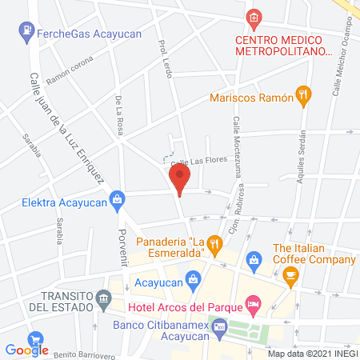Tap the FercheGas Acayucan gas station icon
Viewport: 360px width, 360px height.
[26, 31]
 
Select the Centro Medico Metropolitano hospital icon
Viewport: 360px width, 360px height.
[254, 17]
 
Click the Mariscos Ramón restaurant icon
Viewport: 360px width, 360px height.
[302, 94]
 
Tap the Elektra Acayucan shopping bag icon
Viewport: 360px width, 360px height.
[118, 198]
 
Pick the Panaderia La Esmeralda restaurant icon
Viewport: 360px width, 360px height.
[214, 243]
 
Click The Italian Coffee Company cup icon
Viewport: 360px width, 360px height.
[290, 276]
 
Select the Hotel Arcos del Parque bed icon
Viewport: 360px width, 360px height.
[253, 302]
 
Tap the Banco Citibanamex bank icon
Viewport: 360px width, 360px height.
[220, 326]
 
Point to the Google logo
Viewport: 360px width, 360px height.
[26, 350]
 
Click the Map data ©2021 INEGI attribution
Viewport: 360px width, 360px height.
[311, 354]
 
